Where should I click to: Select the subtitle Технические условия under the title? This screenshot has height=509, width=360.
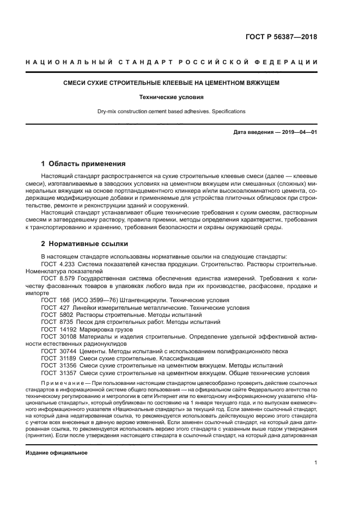[x=171, y=97]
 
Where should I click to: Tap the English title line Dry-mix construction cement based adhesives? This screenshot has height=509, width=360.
[x=171, y=112]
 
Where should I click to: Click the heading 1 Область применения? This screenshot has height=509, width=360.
[x=83, y=163]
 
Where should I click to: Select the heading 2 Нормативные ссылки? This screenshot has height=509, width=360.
[x=85, y=243]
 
